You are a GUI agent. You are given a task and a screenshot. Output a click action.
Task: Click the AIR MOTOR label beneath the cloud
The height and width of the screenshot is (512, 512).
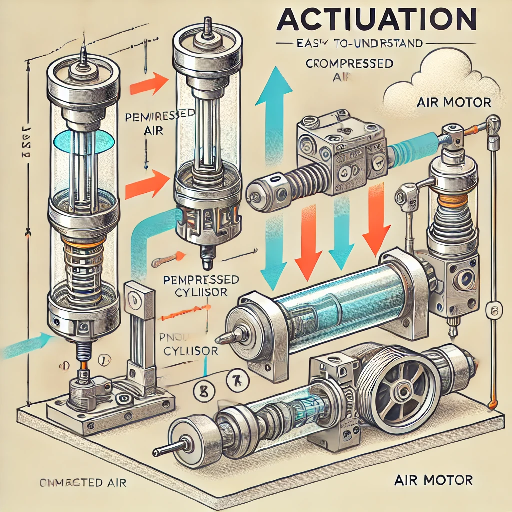[x=453, y=103]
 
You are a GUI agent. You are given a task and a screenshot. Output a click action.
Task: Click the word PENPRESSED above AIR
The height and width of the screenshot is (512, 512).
[x=159, y=115]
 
